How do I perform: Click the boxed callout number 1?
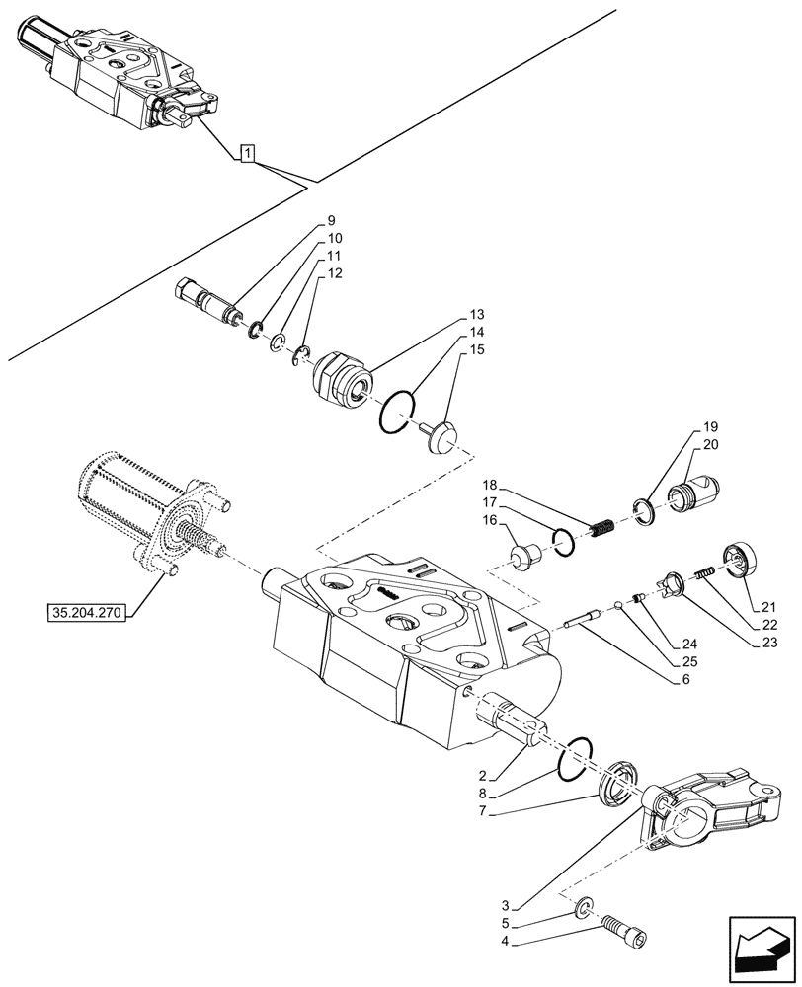pyautogui.click(x=248, y=152)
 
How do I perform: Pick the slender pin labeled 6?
pyautogui.click(x=592, y=619)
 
